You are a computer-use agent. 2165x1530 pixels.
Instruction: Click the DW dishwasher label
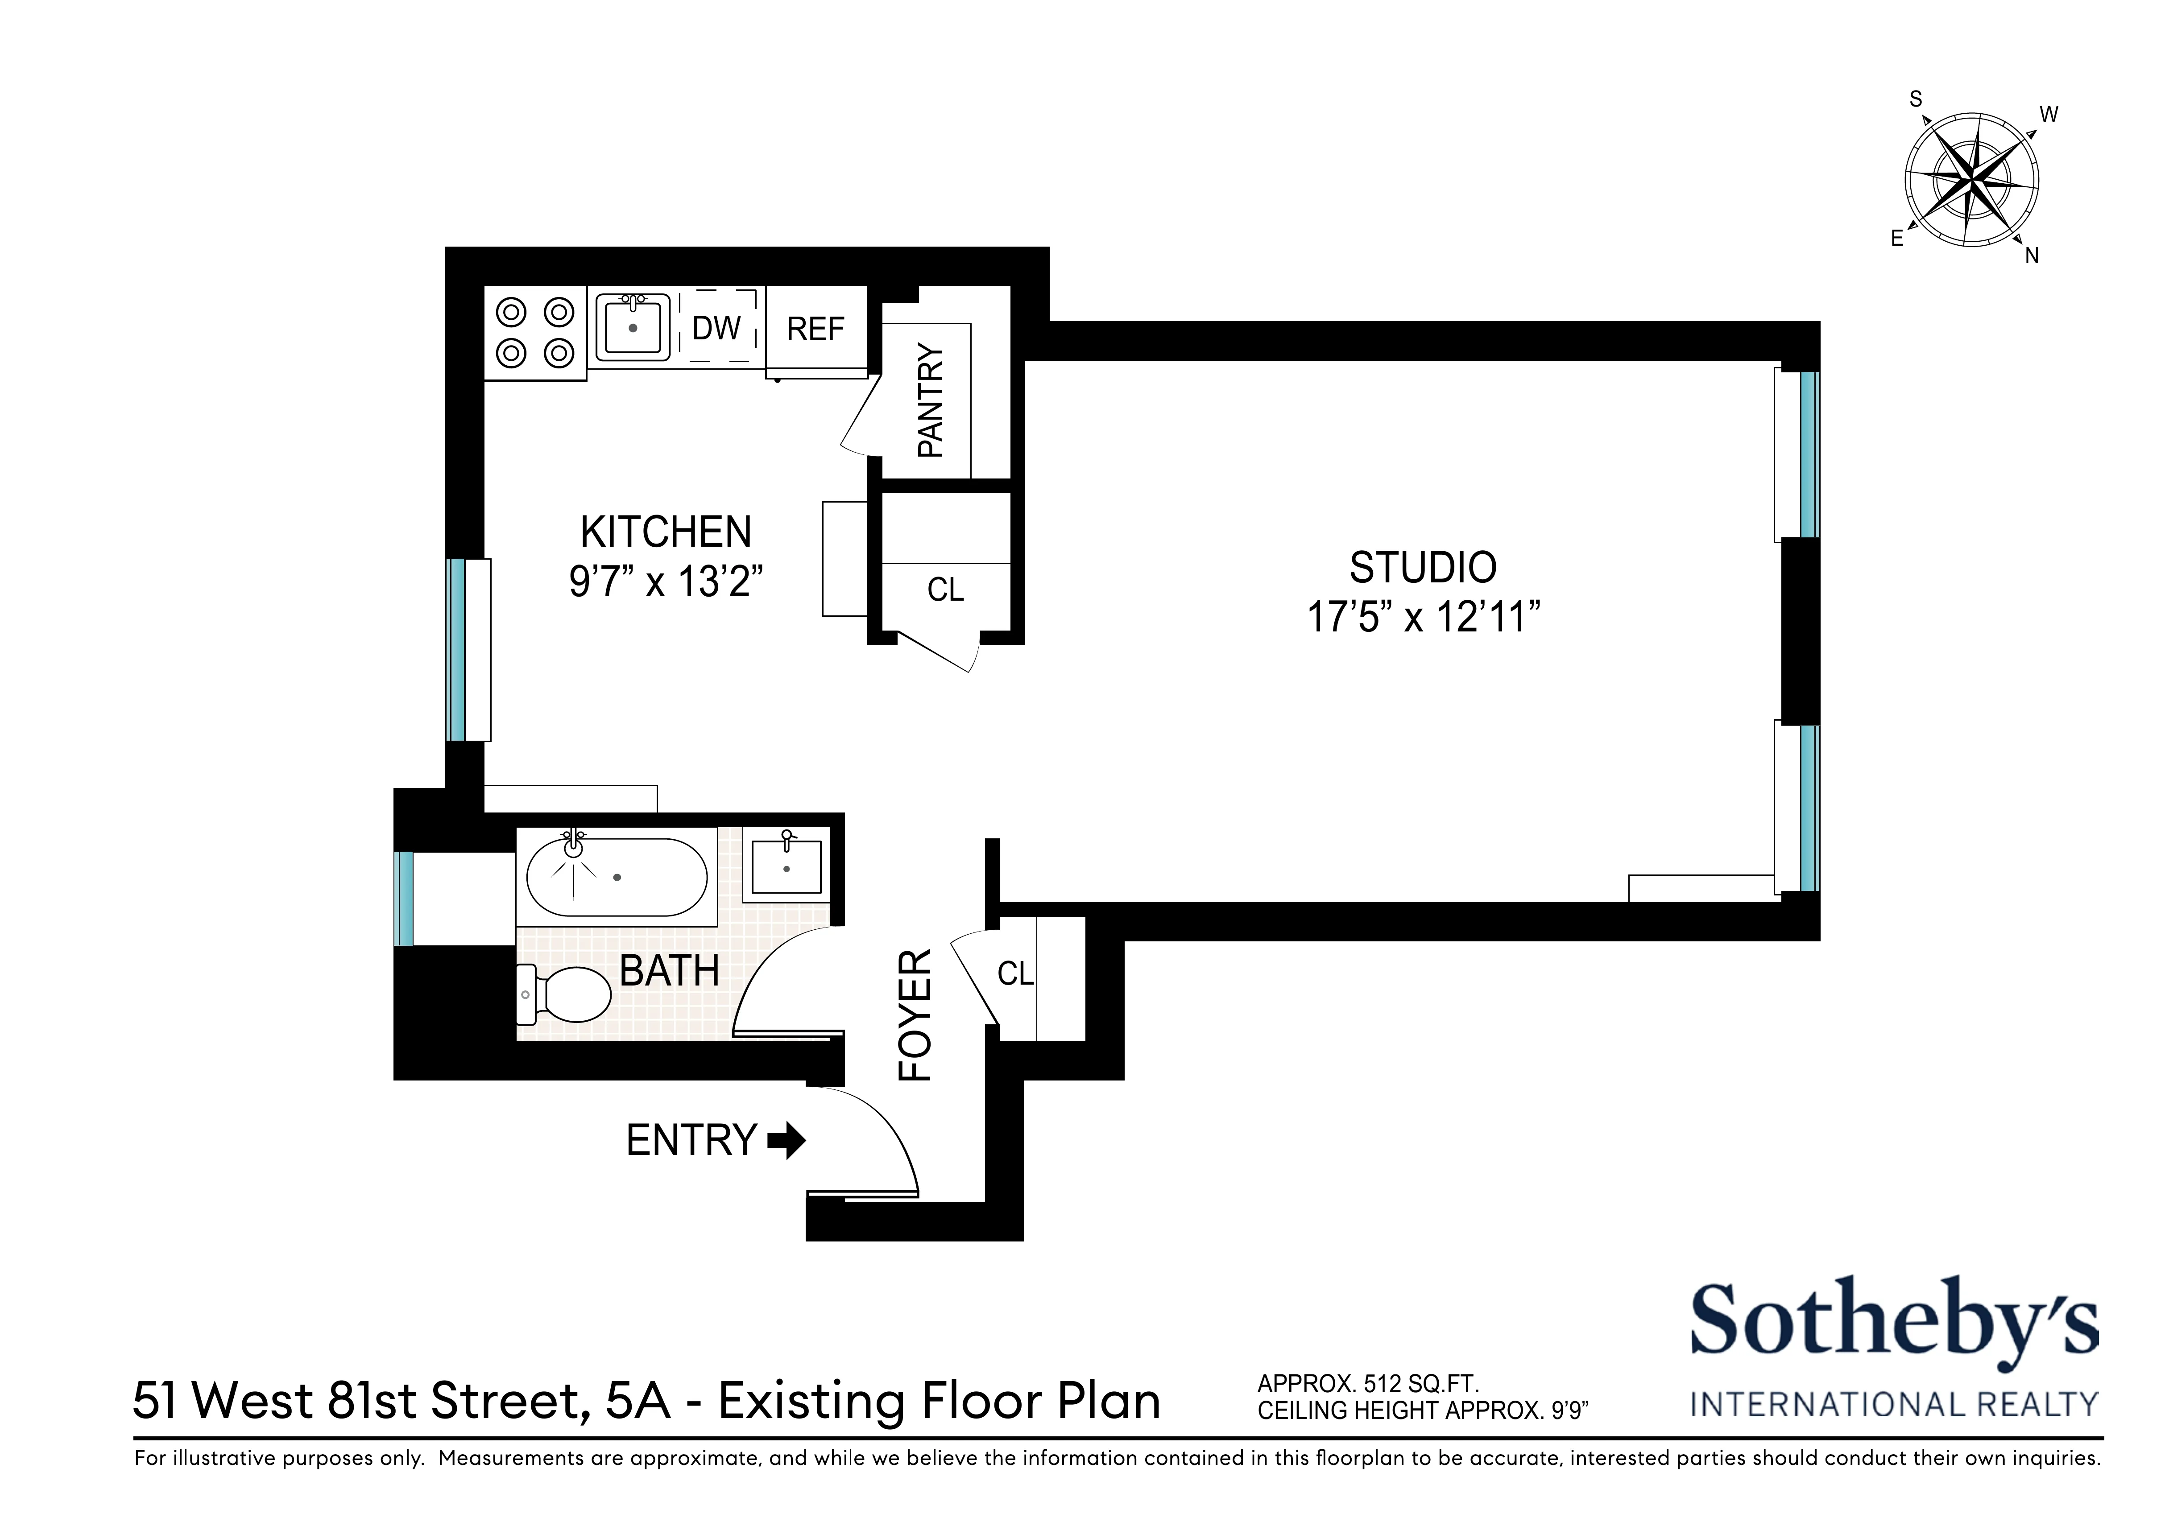716,328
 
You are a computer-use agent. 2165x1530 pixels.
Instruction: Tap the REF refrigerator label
815,329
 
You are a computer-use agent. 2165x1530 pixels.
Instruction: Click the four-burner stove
534,333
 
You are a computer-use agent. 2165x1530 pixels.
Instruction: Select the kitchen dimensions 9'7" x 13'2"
666,581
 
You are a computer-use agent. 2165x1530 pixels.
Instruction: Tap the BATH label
670,971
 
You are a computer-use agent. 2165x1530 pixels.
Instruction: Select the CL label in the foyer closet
1015,973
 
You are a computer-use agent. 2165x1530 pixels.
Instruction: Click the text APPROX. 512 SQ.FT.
1367,1384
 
